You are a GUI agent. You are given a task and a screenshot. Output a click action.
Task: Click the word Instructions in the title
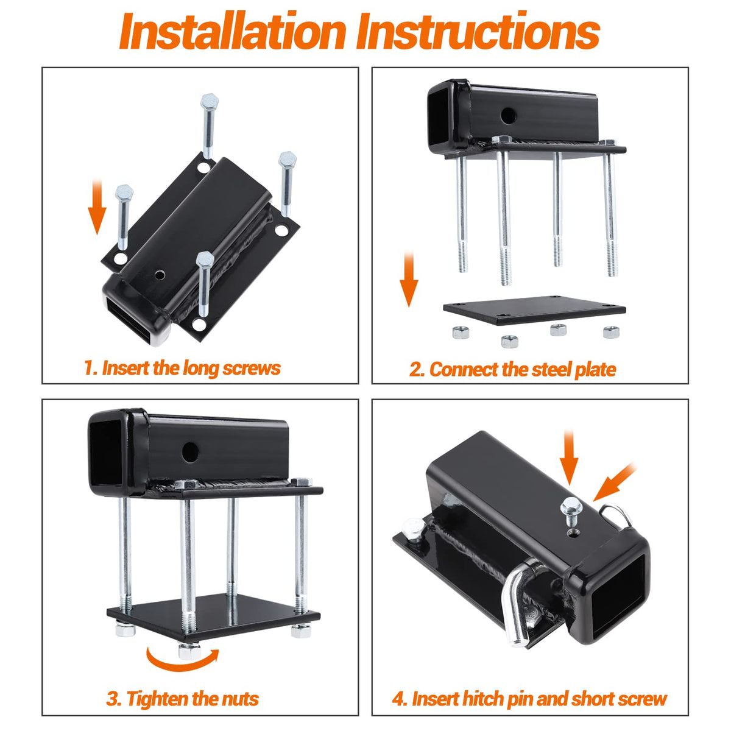(478, 31)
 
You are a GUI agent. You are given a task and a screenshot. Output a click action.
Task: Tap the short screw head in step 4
(571, 506)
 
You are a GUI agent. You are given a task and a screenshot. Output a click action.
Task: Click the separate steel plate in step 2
(534, 310)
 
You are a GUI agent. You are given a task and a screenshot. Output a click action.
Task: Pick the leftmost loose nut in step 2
(461, 333)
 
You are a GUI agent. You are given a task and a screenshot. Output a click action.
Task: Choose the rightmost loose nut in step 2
(611, 332)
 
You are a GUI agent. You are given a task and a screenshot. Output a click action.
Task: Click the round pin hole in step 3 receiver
(190, 452)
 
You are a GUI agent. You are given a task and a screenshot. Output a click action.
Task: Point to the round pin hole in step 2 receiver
(507, 116)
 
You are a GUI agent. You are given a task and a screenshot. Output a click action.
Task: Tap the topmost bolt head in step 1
(210, 101)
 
